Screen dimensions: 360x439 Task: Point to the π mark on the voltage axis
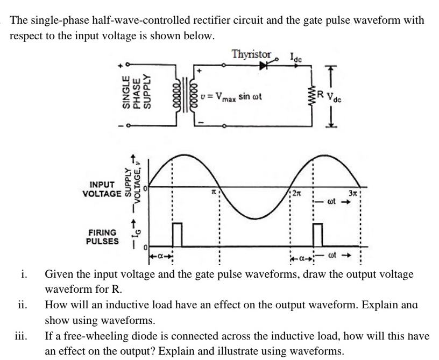point(214,192)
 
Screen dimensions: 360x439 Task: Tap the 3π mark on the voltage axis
point(352,192)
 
